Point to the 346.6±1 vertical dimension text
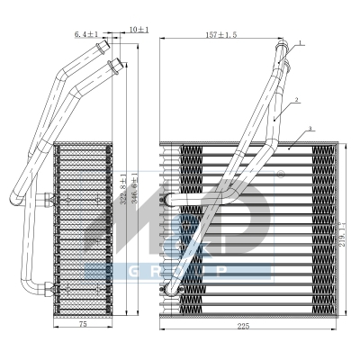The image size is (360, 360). point(134,189)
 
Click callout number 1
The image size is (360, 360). point(301,42)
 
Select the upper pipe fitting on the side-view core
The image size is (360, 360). point(45,194)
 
